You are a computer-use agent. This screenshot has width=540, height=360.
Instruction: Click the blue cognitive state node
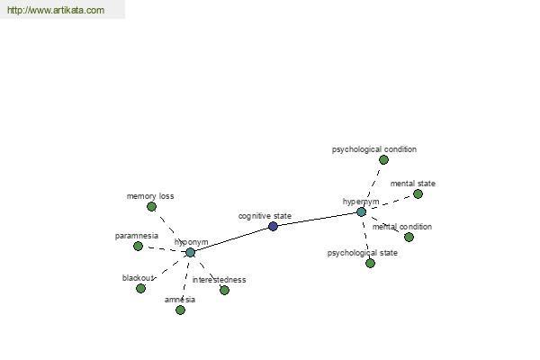click(273, 226)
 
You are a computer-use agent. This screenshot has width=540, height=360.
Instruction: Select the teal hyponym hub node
click(191, 253)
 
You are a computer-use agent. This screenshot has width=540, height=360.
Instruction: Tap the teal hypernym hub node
click(361, 211)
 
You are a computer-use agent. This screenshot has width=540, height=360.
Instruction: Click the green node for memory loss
click(151, 207)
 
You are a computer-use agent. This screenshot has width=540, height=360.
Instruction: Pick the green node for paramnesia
click(138, 246)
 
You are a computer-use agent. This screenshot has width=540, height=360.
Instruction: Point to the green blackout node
click(140, 288)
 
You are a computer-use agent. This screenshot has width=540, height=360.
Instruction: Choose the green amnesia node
click(180, 310)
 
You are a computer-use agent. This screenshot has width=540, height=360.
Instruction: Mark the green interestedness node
click(224, 290)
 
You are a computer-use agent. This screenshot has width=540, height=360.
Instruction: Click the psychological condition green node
click(383, 159)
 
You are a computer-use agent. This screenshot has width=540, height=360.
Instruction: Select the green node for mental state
click(418, 194)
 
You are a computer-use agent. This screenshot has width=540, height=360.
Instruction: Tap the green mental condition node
click(409, 237)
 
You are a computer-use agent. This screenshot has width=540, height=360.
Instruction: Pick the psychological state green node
click(370, 263)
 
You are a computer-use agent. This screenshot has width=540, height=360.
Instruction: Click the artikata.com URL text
click(56, 10)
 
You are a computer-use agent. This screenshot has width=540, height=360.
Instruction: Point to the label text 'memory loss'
click(150, 196)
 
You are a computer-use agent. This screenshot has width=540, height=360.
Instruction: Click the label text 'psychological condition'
click(374, 149)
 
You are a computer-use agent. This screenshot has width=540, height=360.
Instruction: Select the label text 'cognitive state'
click(265, 216)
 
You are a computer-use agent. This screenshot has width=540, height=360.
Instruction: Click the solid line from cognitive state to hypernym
click(317, 219)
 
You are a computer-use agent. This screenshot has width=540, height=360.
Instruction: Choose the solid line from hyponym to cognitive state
click(232, 239)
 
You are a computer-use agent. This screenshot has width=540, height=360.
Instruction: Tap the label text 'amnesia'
click(180, 300)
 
